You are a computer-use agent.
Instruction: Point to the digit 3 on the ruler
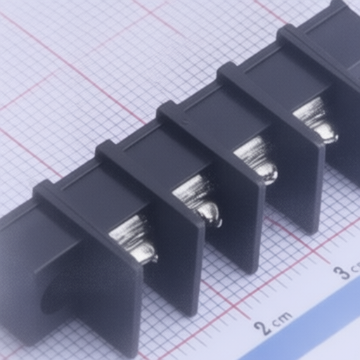tap(342, 273)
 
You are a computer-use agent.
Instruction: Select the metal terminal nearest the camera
tap(133, 240)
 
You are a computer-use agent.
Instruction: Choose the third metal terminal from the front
tap(256, 160)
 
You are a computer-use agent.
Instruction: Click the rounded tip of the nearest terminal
tap(148, 255)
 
